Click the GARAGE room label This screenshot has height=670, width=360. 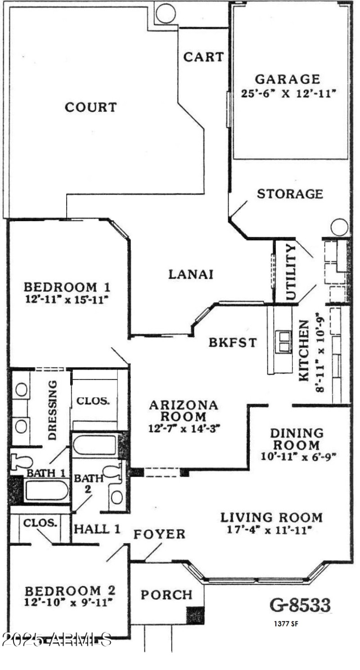(x=288, y=79)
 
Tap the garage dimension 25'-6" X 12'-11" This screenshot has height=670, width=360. (x=289, y=94)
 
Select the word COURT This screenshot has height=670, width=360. (x=91, y=108)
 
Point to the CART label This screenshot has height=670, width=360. (x=203, y=57)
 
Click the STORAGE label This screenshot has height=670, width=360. (x=290, y=194)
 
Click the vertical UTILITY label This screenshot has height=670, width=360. (x=291, y=272)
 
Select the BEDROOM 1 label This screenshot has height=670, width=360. (x=67, y=287)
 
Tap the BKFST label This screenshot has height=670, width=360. (x=233, y=343)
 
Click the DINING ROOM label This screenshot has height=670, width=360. (x=297, y=439)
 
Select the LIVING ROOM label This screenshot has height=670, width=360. (x=271, y=517)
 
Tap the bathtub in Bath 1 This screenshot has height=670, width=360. (x=46, y=490)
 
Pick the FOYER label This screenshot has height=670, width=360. (x=159, y=534)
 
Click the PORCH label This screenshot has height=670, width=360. (x=167, y=595)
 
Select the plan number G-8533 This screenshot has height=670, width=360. (x=300, y=604)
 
